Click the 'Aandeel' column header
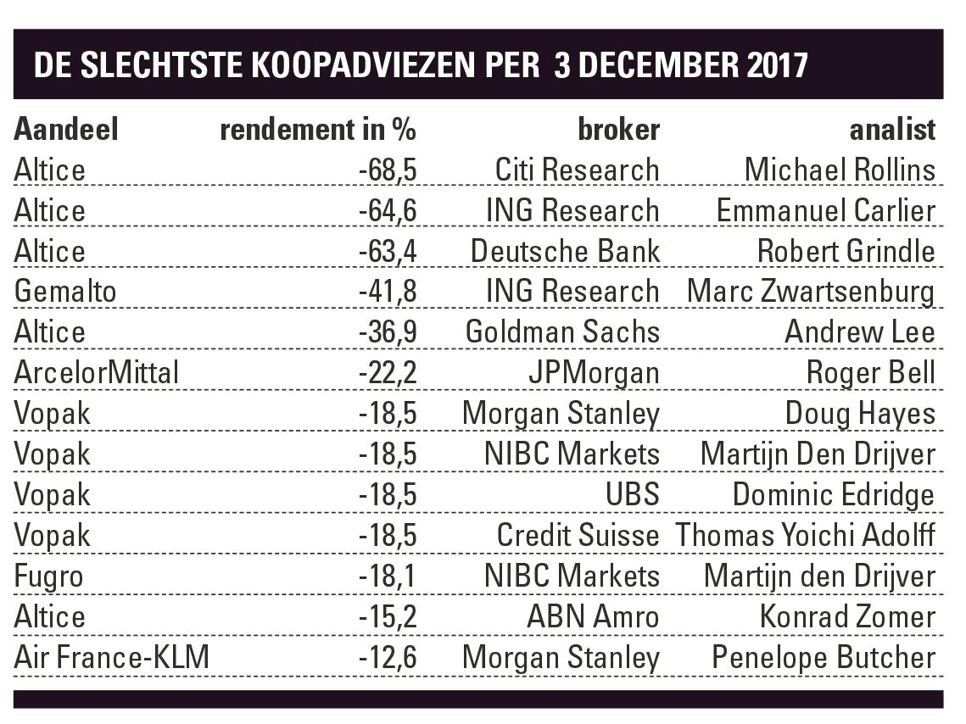pos(66,129)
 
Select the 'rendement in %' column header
pos(318,129)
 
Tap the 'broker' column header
pos(618,129)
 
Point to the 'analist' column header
pos(892,129)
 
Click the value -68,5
pos(387,170)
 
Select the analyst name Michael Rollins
pos(840,170)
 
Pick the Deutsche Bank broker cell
pos(565,251)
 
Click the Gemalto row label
pos(65,292)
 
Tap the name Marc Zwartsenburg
pos(811,292)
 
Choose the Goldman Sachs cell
pos(562,331)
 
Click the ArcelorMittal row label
pos(97,372)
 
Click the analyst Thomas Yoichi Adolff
pos(805,535)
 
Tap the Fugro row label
pos(49,576)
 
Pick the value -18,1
pos(387,576)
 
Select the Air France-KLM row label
pos(111,657)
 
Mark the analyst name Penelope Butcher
pos(824,657)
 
